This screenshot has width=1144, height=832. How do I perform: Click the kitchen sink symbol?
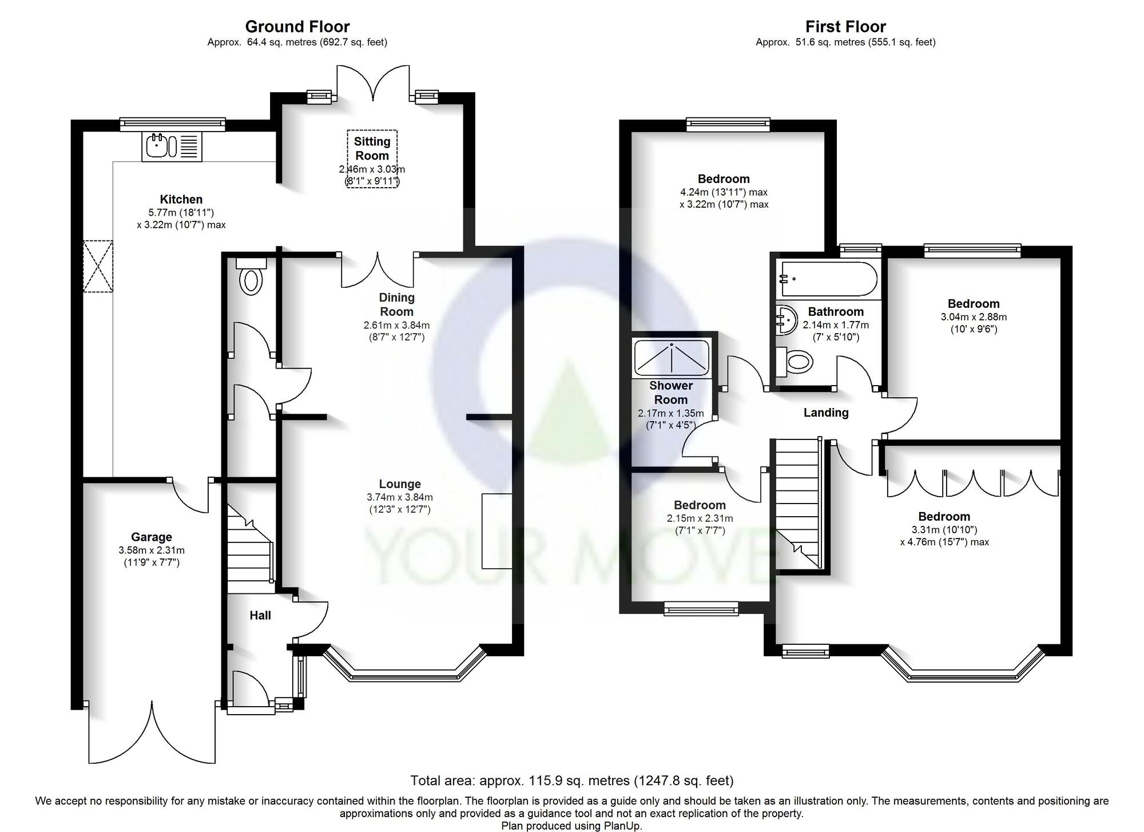click(x=171, y=146)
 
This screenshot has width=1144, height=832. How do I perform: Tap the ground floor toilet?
click(x=251, y=276)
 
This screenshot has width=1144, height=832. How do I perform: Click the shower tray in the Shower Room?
click(x=671, y=357)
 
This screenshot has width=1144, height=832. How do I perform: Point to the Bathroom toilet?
click(x=795, y=361)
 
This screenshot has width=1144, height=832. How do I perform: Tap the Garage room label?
click(x=152, y=537)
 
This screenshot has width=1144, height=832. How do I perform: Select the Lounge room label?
click(x=400, y=484)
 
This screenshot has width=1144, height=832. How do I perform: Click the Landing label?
click(x=826, y=413)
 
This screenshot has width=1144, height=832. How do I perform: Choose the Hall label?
click(x=260, y=615)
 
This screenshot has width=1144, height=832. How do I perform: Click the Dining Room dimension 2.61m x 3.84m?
click(x=397, y=325)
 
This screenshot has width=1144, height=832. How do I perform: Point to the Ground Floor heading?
click(x=297, y=26)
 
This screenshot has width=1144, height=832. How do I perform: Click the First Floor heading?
click(x=845, y=26)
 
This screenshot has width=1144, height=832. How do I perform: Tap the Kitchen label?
click(x=181, y=199)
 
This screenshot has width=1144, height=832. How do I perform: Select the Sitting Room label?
click(x=372, y=148)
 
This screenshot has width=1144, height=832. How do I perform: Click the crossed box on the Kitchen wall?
click(x=98, y=266)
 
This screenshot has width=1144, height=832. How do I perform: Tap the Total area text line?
click(x=572, y=781)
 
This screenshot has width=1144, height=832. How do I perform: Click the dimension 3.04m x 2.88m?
click(x=974, y=317)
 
